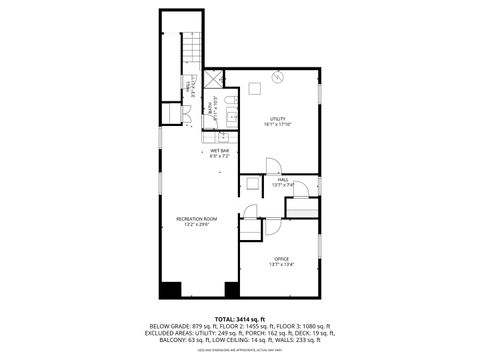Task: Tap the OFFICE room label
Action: [281, 258]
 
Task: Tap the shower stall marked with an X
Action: [213, 80]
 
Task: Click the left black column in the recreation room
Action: [171, 290]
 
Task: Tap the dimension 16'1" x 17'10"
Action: [279, 124]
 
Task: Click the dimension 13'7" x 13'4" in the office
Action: [281, 264]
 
